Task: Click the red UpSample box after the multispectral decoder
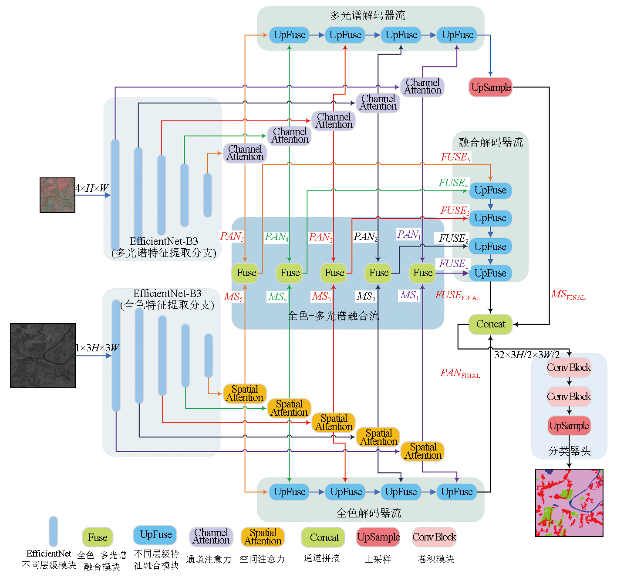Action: [490, 87]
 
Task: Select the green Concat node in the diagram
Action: [490, 324]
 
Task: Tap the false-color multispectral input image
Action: [57, 195]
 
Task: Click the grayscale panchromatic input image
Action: [43, 355]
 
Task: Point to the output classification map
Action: [569, 503]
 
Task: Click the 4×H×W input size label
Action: [91, 188]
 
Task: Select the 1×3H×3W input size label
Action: [97, 348]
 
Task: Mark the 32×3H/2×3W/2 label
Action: [526, 355]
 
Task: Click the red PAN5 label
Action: [232, 237]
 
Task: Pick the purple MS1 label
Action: [409, 296]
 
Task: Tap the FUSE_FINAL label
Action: [458, 296]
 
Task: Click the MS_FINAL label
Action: [568, 295]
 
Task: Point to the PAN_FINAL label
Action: [460, 373]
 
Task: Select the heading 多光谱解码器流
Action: [368, 16]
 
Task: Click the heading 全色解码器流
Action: [369, 513]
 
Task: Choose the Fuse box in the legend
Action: [98, 537]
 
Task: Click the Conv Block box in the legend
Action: [434, 537]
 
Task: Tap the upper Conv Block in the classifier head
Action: [569, 368]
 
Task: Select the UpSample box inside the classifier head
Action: [569, 426]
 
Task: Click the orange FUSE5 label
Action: [455, 157]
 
